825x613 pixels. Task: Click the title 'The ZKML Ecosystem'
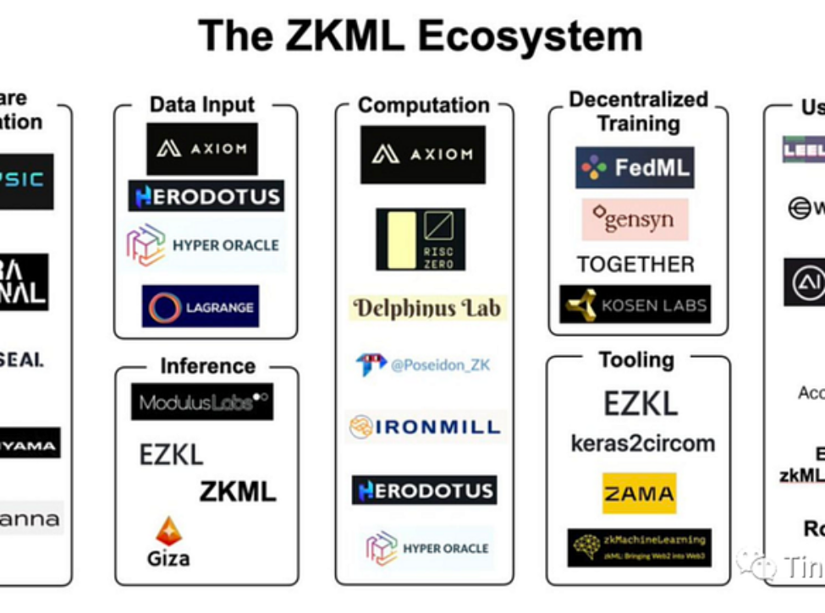click(421, 36)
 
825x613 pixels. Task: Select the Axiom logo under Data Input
click(202, 149)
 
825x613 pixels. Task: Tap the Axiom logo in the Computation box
click(423, 155)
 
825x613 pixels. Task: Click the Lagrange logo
click(201, 306)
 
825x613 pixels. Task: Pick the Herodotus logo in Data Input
click(206, 196)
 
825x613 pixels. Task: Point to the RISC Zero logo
click(421, 239)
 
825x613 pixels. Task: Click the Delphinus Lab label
click(427, 308)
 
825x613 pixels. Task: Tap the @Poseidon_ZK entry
click(423, 364)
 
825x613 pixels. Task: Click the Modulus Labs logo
click(202, 402)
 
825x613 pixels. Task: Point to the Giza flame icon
click(168, 531)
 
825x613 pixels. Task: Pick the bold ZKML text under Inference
click(238, 491)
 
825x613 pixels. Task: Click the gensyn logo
click(635, 220)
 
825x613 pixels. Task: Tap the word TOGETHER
click(635, 265)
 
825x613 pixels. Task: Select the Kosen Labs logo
click(635, 304)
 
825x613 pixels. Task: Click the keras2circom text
click(642, 444)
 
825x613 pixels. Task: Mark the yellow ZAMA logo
click(639, 493)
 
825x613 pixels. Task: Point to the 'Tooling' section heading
click(636, 360)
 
